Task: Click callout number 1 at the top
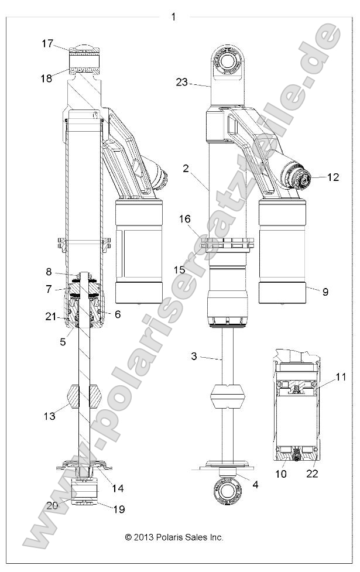coord(173,16)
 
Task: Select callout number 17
coord(47,43)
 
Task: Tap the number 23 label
coord(181,82)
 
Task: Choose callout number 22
coord(312,472)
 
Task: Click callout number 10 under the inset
coord(280,472)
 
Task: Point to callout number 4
coord(254,484)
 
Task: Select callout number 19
coord(118,509)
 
